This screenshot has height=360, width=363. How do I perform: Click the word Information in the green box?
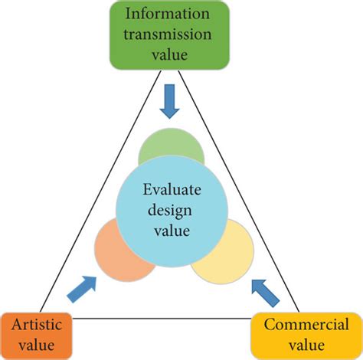pos(181,15)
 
